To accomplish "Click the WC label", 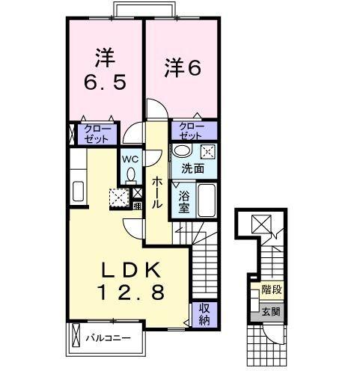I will (130, 159).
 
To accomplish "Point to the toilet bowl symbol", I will (131, 175).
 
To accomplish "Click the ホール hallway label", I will (157, 191).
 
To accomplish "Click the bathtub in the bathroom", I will (207, 200).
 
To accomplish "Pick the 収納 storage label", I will (202, 315).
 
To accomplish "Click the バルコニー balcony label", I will (108, 338).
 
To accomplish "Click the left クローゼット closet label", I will (95, 135).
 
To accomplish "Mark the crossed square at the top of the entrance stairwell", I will (262, 222).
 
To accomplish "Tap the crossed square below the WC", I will (119, 198).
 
